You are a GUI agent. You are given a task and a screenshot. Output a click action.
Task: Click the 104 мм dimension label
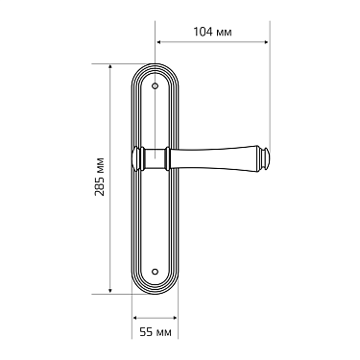pos(212,32)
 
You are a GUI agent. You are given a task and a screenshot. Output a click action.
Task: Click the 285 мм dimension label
pos(100,177)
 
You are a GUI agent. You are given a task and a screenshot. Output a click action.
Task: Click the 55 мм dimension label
pos(156,332)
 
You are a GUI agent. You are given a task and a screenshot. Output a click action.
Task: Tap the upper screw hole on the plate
pos(156,85)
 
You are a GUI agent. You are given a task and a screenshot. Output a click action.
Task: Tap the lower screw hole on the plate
pos(156,272)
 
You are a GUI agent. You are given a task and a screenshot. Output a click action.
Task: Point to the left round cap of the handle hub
pos(136,158)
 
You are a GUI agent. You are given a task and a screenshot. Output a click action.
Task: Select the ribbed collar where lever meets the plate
pos(167,158)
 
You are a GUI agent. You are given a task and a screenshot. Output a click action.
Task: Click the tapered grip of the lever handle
pos(213,158)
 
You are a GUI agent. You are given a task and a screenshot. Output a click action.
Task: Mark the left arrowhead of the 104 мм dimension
pos(158,42)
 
